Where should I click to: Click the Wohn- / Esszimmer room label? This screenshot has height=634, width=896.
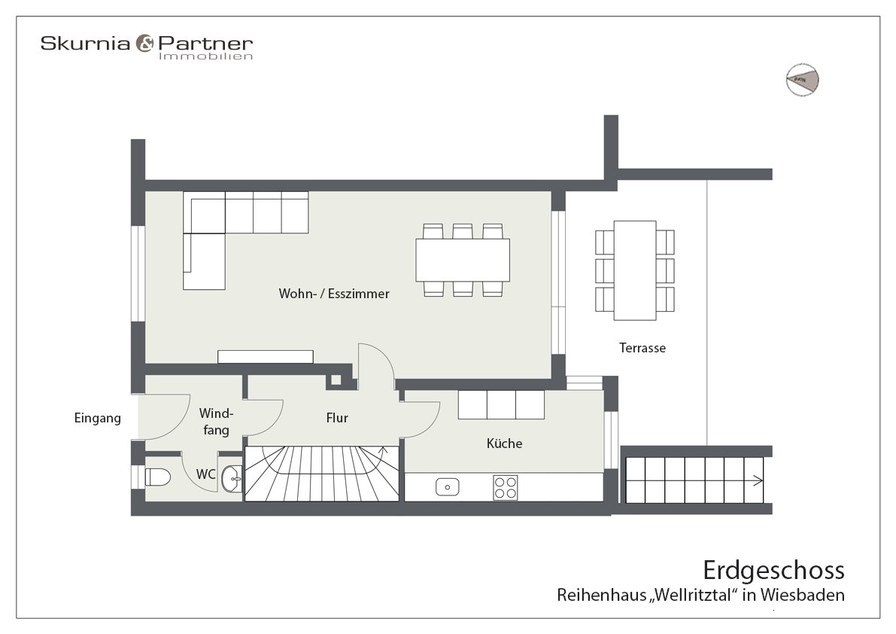334,294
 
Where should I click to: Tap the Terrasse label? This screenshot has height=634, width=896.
642,348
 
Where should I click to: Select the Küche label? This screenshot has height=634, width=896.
504,443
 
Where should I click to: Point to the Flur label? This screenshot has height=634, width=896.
337,417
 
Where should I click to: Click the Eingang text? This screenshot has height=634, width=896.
98,418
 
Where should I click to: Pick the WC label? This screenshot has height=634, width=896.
206,474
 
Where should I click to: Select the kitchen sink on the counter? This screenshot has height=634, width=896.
447,486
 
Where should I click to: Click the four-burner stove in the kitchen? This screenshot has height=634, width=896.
505,486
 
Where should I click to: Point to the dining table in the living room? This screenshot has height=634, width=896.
463,260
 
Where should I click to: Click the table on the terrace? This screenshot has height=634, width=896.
635,270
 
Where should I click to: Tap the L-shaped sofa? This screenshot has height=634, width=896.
226,226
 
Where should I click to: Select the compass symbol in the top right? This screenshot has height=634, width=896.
802,78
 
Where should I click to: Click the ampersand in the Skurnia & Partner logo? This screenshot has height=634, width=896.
144,44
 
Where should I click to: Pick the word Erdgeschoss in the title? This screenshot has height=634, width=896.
773,569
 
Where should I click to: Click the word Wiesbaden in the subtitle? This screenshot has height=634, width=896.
803,595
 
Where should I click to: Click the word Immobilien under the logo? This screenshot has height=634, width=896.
205,56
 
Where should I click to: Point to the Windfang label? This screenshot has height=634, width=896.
216,422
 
